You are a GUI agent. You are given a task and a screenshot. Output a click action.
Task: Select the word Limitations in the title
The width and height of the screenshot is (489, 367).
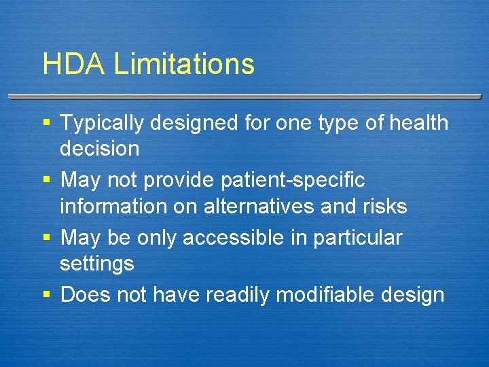pos(184,64)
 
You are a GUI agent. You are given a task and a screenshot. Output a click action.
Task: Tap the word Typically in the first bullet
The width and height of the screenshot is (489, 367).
pos(103,124)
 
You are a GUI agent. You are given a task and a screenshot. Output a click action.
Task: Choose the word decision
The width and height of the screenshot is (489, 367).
pos(99,148)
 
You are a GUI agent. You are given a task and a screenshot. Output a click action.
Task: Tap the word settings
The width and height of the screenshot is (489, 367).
pos(97,263)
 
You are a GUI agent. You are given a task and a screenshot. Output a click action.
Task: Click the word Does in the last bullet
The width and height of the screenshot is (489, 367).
pos(84,295)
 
